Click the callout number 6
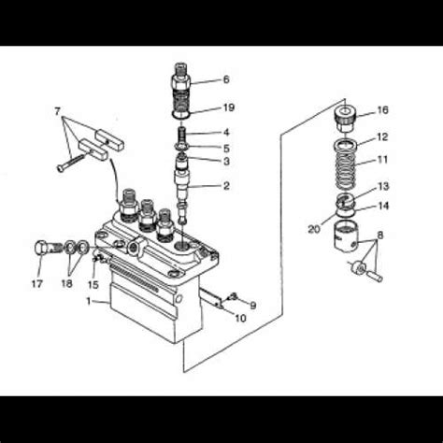pos(225,79)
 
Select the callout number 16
pos(382,110)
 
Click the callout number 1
pos(90,302)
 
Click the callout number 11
pos(382,160)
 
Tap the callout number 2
pos(225,186)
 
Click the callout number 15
pos(93,284)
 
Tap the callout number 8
pos(380,235)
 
